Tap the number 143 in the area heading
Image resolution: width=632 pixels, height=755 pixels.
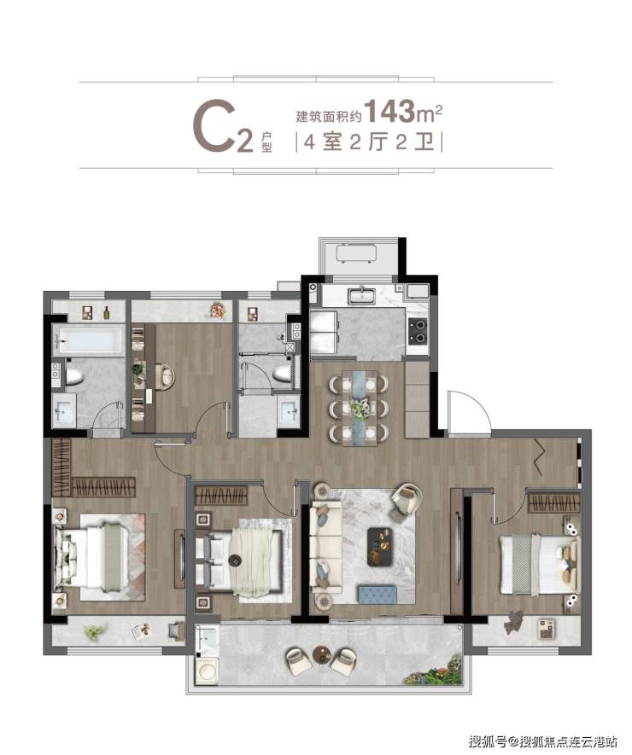coord(389,111)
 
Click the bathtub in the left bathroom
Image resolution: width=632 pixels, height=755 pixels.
coord(88,340)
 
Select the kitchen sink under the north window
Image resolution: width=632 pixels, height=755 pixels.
coord(361,296)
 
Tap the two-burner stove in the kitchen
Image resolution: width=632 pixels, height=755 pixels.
coord(417,331)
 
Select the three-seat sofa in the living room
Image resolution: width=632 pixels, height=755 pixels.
coord(325,544)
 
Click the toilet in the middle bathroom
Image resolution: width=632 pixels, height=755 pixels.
coord(281,372)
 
